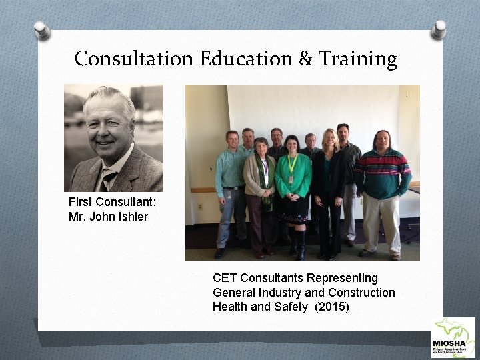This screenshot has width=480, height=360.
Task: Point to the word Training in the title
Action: point(357,59)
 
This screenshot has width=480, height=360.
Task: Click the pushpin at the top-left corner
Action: point(42,29)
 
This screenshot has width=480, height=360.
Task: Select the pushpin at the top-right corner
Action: point(439,29)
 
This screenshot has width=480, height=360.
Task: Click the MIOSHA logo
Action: point(453,338)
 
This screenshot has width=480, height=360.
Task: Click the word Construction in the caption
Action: point(361,292)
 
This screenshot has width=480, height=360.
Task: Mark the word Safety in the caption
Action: point(291,307)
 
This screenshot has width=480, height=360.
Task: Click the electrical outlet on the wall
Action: point(199,207)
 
